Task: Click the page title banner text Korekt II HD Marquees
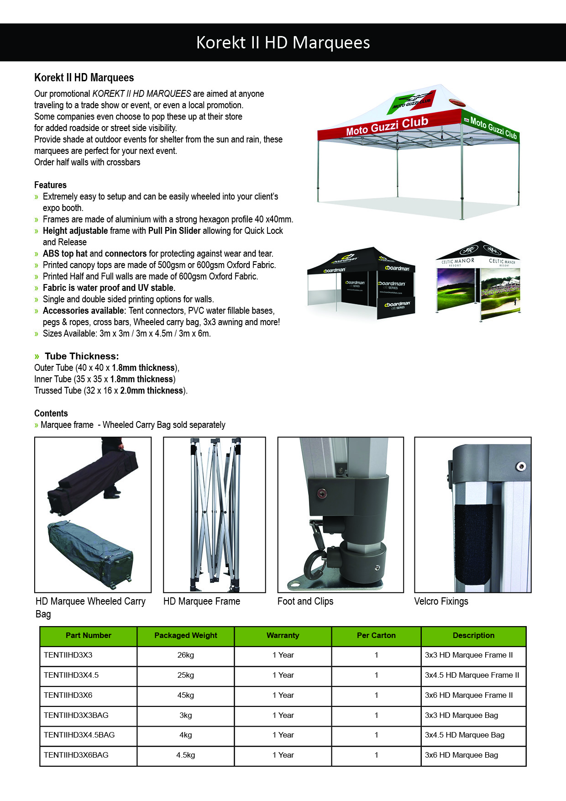pyautogui.click(x=283, y=42)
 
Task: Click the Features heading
pyautogui.click(x=50, y=185)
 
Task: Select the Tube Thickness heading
pyautogui.click(x=81, y=356)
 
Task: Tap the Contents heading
pyautogui.click(x=51, y=413)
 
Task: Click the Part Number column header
pyautogui.click(x=88, y=635)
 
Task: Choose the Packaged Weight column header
pyautogui.click(x=186, y=635)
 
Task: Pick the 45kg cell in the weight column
pyautogui.click(x=186, y=695)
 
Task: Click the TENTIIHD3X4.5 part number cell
pyautogui.click(x=71, y=675)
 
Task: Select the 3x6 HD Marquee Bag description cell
pyautogui.click(x=461, y=755)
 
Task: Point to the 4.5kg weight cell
pyautogui.click(x=186, y=755)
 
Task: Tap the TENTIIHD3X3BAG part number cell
pyautogui.click(x=76, y=715)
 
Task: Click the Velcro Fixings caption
pyautogui.click(x=441, y=601)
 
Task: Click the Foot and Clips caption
pyautogui.click(x=305, y=601)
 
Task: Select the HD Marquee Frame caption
pyautogui.click(x=202, y=601)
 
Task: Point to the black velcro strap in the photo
pyautogui.click(x=473, y=543)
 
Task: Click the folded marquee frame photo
pyautogui.click(x=215, y=515)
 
